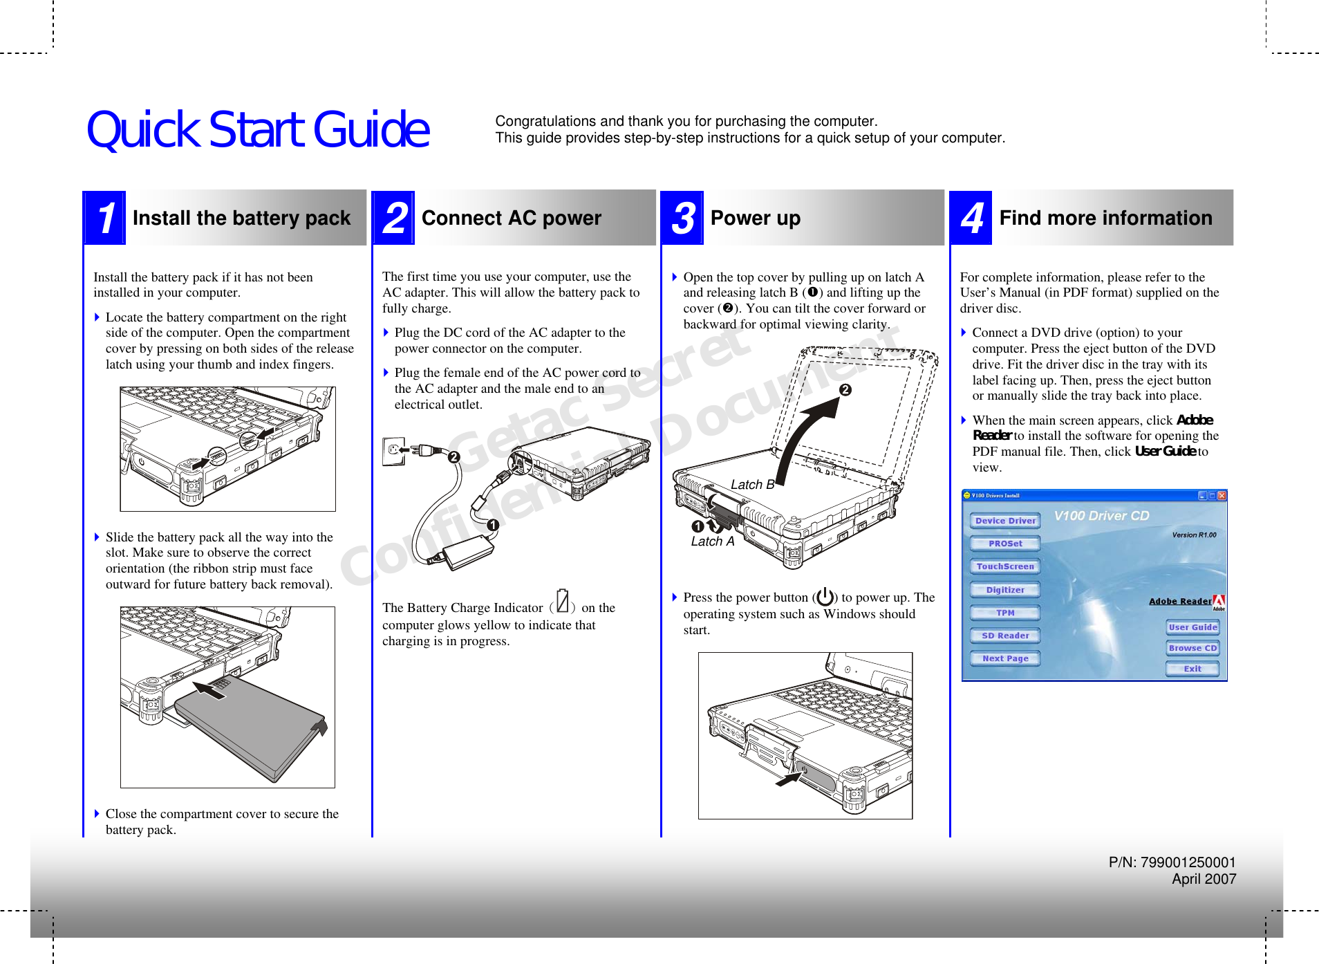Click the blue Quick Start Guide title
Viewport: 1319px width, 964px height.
(257, 130)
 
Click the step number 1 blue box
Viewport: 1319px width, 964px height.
(105, 218)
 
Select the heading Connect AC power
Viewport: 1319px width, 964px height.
(511, 218)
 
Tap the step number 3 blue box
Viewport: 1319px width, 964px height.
(682, 218)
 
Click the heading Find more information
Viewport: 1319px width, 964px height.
(1105, 218)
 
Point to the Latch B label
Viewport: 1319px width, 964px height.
(751, 485)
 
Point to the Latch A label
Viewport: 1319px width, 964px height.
(712, 541)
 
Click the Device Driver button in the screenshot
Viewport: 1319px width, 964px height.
(1004, 521)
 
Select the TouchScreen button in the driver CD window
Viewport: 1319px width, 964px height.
(1004, 566)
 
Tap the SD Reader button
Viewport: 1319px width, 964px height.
(1004, 636)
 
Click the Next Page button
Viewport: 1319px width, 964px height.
(1004, 658)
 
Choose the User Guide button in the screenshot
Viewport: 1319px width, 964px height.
(1192, 627)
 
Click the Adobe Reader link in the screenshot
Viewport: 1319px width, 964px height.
(1179, 601)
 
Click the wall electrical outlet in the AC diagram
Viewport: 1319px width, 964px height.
(393, 451)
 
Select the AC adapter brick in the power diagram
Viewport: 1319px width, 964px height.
(468, 552)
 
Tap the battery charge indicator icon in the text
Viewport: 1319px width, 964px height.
(562, 601)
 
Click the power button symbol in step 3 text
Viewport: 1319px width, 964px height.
(824, 596)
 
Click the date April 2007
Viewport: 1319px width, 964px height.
(1203, 879)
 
